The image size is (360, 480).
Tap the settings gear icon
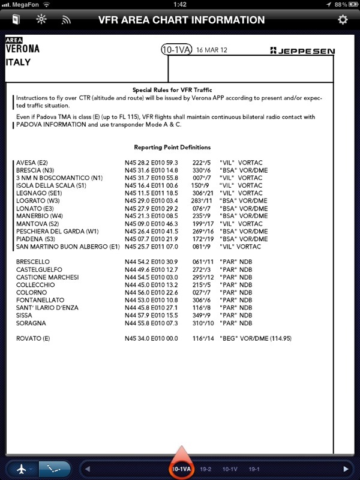pos(343,20)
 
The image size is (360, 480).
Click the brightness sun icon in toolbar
pos(41,20)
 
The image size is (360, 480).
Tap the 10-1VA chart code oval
pos(176,50)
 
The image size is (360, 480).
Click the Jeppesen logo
pos(302,51)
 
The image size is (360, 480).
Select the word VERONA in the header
pos(23,49)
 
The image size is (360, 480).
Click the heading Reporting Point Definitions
pos(172,147)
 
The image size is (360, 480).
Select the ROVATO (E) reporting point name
pos(33,338)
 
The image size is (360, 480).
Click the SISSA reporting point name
pos(25,315)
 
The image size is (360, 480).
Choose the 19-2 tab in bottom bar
pos(206,469)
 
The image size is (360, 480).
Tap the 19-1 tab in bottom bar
pos(254,469)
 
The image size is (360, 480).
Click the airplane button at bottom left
pos(22,469)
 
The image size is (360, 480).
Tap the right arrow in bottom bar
pos(345,469)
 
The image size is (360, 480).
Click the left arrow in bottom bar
pos(88,469)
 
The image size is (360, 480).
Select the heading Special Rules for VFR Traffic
pos(172,89)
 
